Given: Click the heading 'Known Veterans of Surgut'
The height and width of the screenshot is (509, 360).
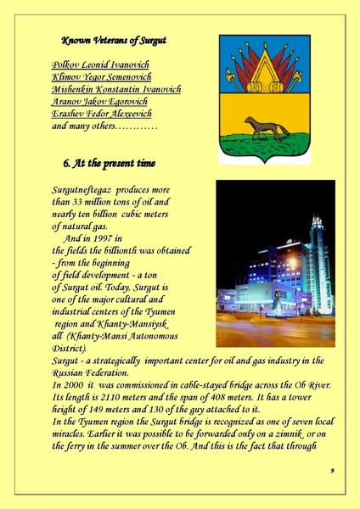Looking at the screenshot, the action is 113,41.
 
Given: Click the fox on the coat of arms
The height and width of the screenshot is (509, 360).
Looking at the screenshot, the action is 265,128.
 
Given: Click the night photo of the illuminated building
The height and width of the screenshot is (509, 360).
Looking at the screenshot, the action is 275,263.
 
